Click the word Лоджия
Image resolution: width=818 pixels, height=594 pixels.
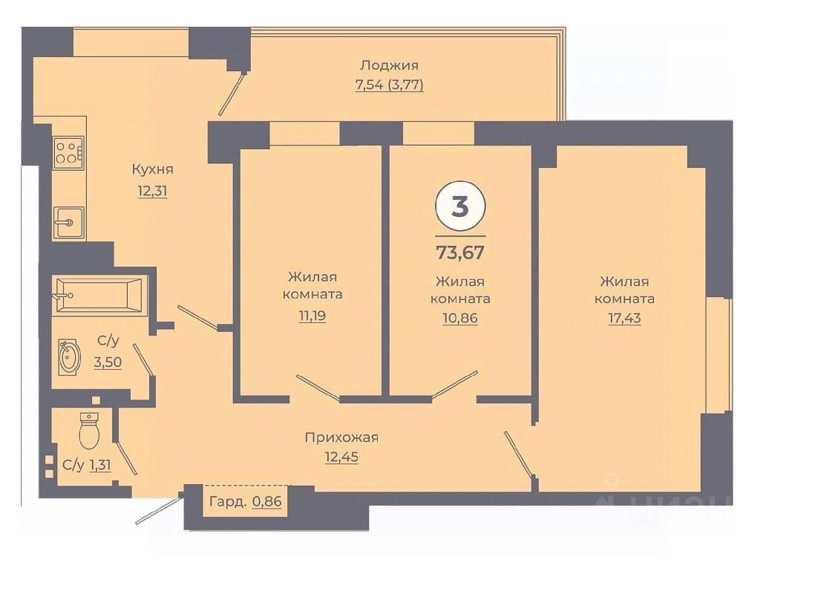coord(389,65)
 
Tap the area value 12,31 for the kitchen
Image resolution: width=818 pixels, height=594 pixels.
coord(152,191)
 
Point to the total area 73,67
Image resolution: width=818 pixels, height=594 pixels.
coord(459,252)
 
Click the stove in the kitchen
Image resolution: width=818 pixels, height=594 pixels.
coord(68,151)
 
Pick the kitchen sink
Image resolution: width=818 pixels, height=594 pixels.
coord(68,221)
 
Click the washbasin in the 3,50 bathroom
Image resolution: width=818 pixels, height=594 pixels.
coord(69,357)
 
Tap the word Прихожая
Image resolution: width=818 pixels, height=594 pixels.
coord(341,437)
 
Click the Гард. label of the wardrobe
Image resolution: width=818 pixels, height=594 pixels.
coord(228,501)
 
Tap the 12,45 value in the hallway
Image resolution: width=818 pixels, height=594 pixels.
coord(341,457)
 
